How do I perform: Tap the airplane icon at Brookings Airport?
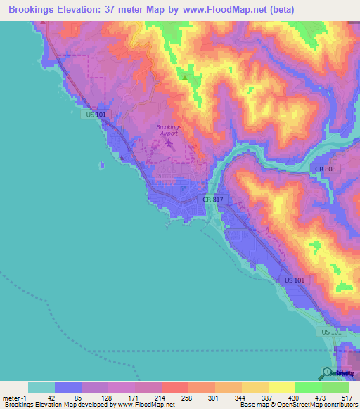pyautogui.click(x=169, y=143)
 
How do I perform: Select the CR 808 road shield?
pyautogui.click(x=324, y=169)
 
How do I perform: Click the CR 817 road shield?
pyautogui.click(x=212, y=200)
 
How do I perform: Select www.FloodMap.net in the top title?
pyautogui.click(x=223, y=10)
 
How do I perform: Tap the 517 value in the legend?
pyautogui.click(x=347, y=398)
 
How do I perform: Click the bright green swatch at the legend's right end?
pyautogui.click(x=335, y=387)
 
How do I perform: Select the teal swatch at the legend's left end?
pyautogui.click(x=41, y=387)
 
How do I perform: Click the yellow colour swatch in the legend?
pyautogui.click(x=281, y=387)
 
